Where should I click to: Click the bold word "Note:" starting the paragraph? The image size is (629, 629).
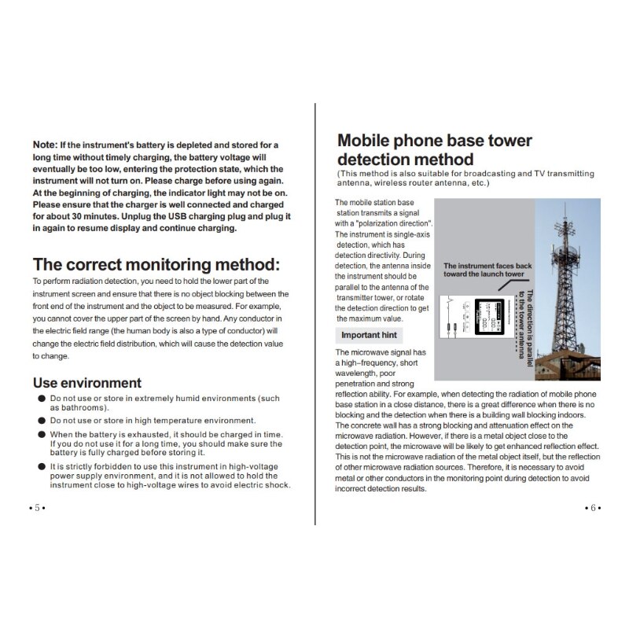coord(46,145)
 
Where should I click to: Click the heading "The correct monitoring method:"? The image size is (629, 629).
coord(155,263)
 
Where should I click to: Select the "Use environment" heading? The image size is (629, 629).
coord(87,383)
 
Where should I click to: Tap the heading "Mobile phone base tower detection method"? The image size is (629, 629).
coord(435,150)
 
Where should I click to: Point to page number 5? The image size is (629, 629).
coord(36,508)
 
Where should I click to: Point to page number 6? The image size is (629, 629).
coord(593,508)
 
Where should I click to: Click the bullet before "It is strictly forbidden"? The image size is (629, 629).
coord(41,466)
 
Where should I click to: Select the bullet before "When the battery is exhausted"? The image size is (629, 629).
coord(41,434)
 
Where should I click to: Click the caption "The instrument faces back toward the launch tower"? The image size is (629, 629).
coord(487,270)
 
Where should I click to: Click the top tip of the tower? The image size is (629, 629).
coord(565,206)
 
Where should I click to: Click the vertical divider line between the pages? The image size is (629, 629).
coord(315,314)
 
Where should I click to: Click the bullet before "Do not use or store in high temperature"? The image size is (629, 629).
coord(41,421)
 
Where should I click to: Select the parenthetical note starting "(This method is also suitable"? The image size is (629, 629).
coord(465,178)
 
